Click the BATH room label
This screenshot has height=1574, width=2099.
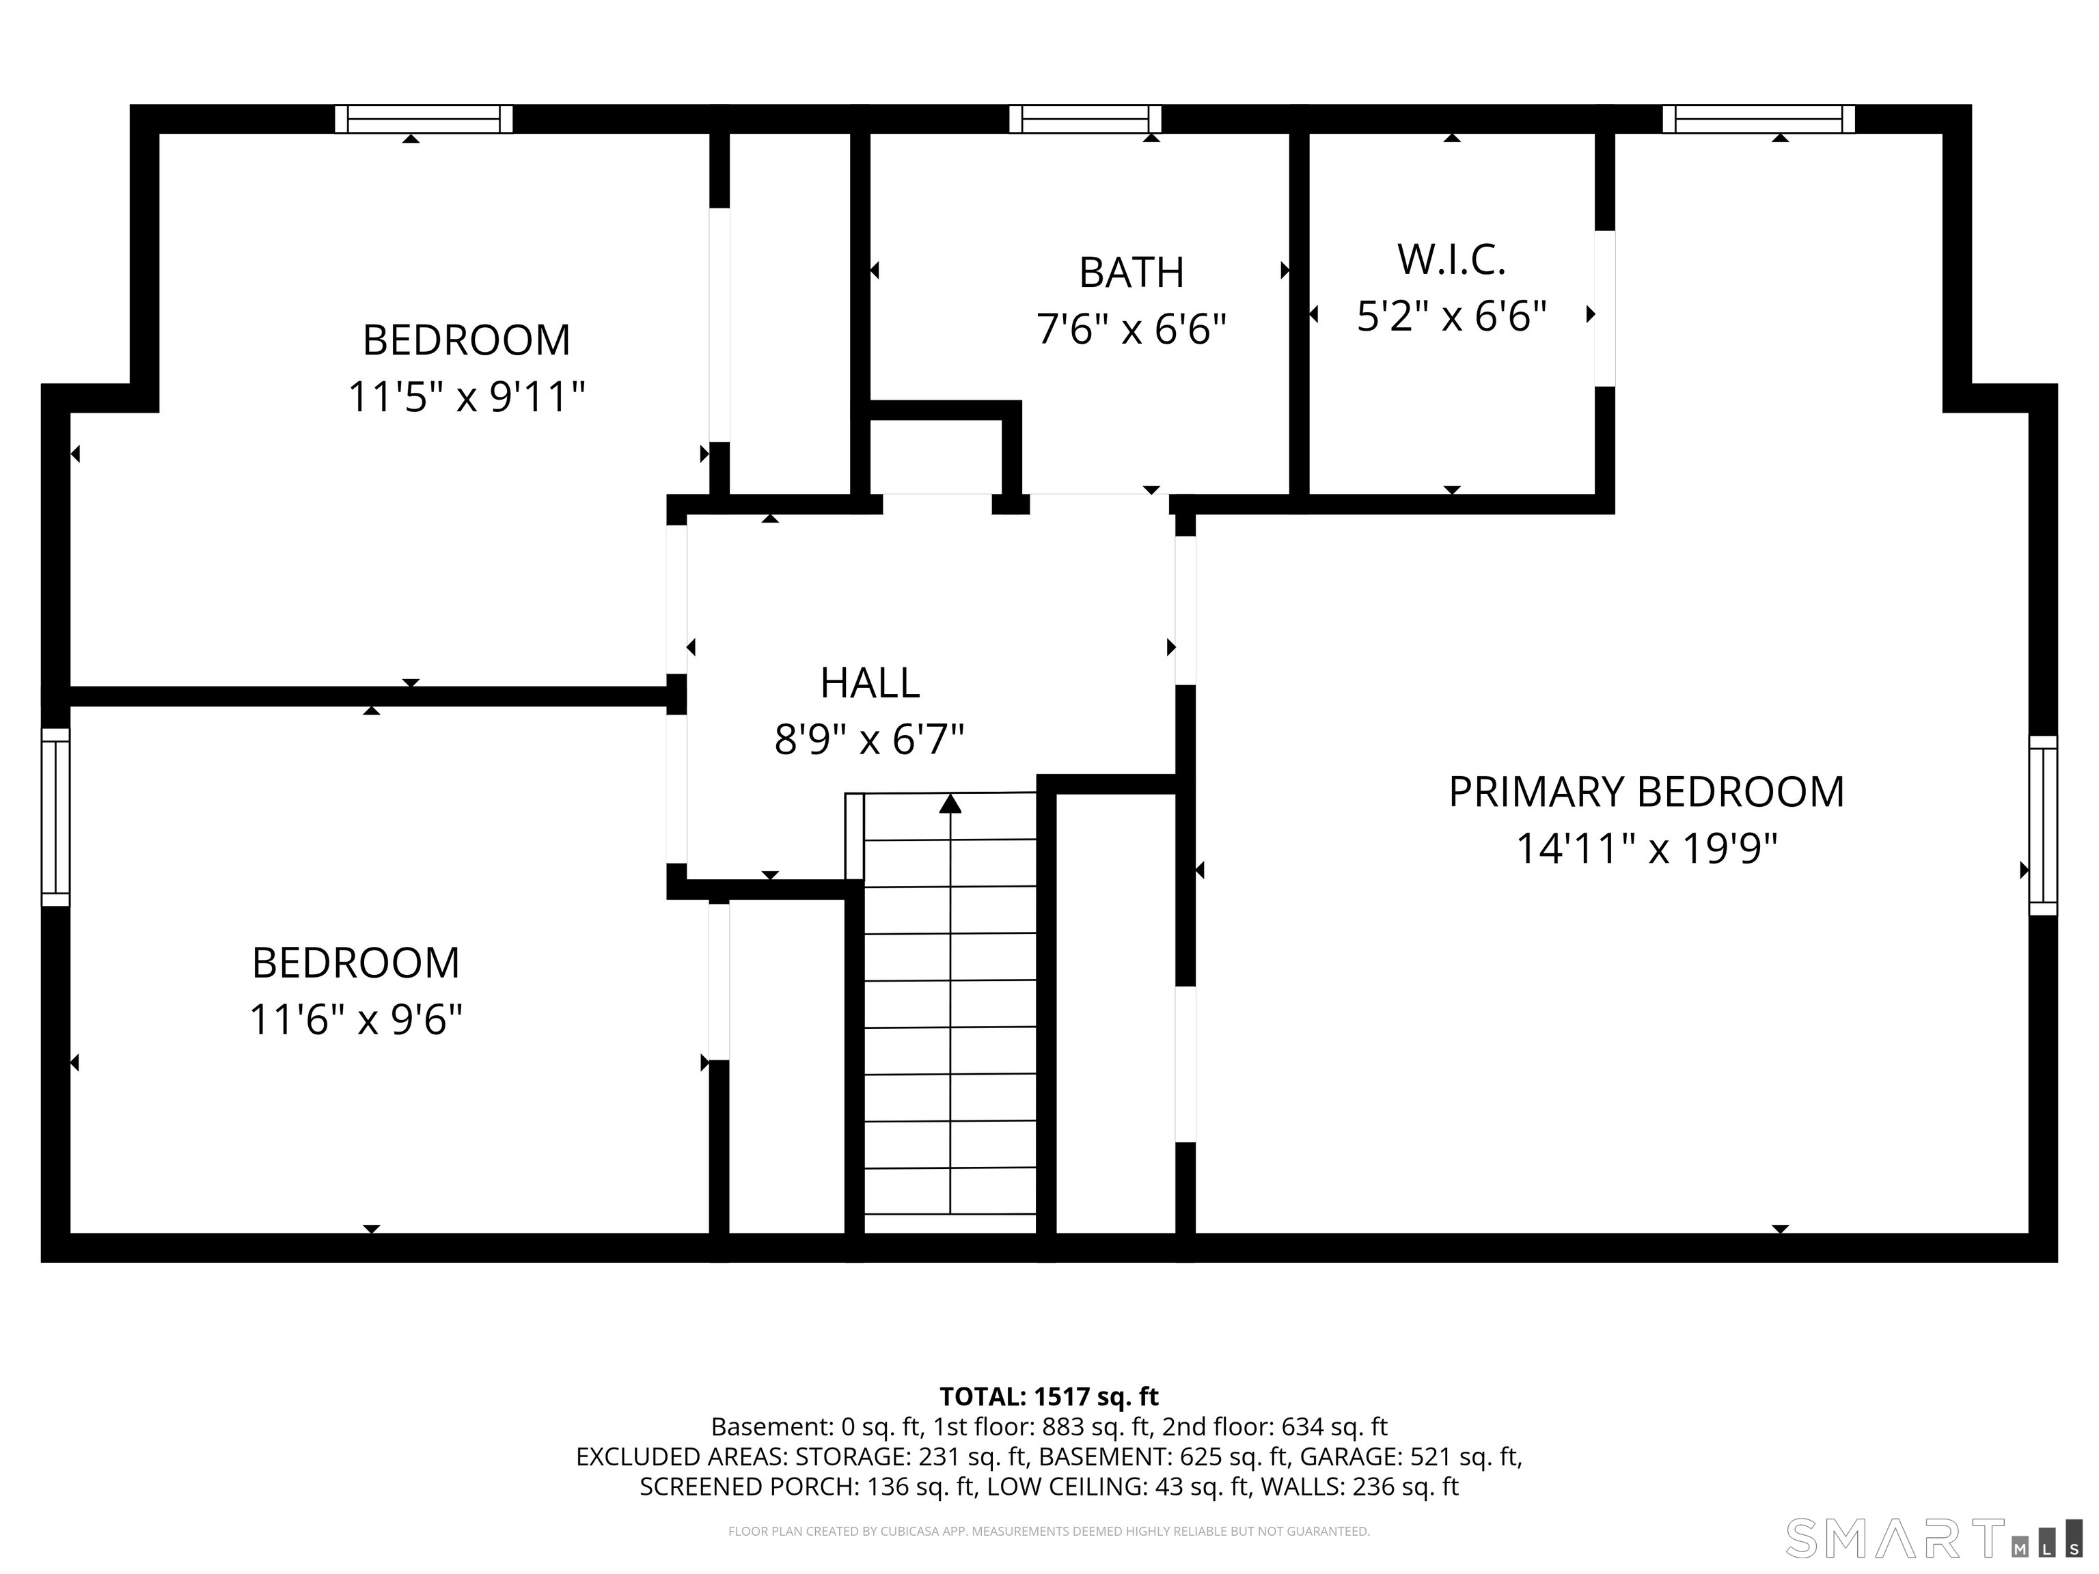pyautogui.click(x=1131, y=273)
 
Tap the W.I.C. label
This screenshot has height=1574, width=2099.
pyautogui.click(x=1451, y=260)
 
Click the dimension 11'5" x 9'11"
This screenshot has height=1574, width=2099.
pyautogui.click(x=466, y=397)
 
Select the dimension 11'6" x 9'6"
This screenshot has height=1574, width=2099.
pyautogui.click(x=356, y=1020)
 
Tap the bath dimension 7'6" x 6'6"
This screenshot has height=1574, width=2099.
pyautogui.click(x=1131, y=329)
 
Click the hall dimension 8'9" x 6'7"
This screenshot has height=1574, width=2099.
pyautogui.click(x=869, y=739)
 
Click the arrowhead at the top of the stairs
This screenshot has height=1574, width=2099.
pyautogui.click(x=950, y=803)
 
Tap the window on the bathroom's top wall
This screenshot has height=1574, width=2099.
pyautogui.click(x=1084, y=119)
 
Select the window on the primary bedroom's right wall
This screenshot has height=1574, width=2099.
pyautogui.click(x=2042, y=825)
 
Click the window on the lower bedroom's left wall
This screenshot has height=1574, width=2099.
pyautogui.click(x=56, y=817)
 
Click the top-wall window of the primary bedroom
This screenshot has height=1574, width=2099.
pyautogui.click(x=1758, y=119)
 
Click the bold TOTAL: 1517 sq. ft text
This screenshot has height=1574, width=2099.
pyautogui.click(x=1049, y=1396)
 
